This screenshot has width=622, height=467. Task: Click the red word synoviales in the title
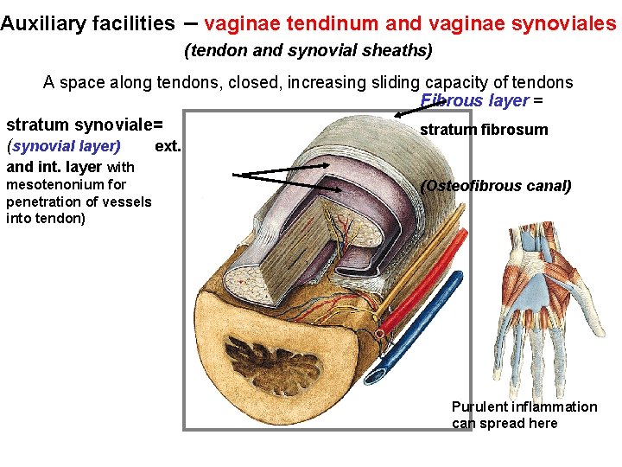(570, 23)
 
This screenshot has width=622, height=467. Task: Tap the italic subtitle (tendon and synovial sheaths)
(308, 51)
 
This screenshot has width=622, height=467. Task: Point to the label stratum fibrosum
(484, 130)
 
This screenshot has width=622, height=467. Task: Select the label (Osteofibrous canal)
(496, 185)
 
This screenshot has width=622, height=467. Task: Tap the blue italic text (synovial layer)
(63, 144)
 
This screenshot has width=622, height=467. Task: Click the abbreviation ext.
(168, 144)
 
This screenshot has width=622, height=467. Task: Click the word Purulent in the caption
(481, 406)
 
